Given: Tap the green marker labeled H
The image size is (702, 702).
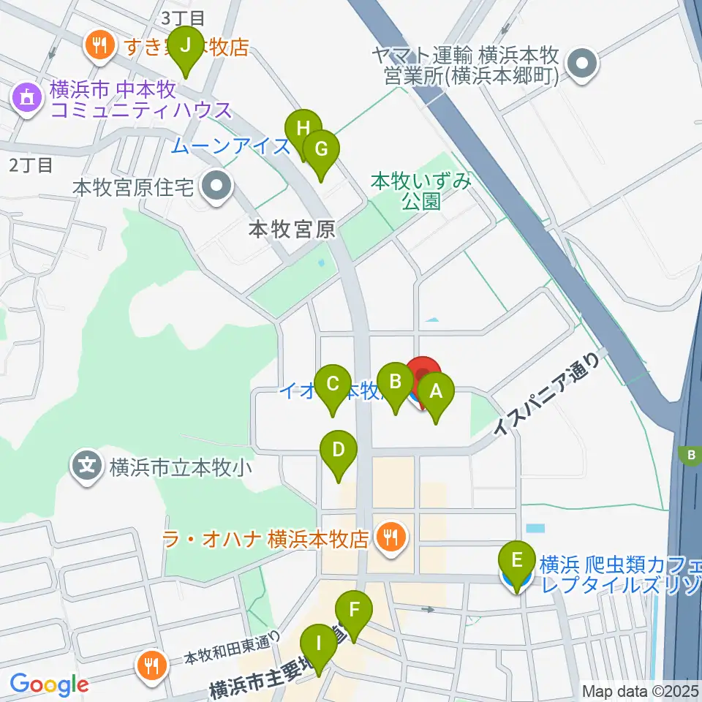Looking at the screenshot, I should (x=303, y=131).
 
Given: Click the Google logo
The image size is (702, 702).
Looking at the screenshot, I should (x=49, y=684).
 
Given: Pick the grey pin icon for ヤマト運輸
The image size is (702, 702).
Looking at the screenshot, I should (x=583, y=64).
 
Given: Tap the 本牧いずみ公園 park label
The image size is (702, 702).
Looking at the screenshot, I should (x=420, y=190).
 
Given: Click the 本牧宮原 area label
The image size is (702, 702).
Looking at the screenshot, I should (x=292, y=230).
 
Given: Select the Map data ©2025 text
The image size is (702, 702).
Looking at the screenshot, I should (x=641, y=690).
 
